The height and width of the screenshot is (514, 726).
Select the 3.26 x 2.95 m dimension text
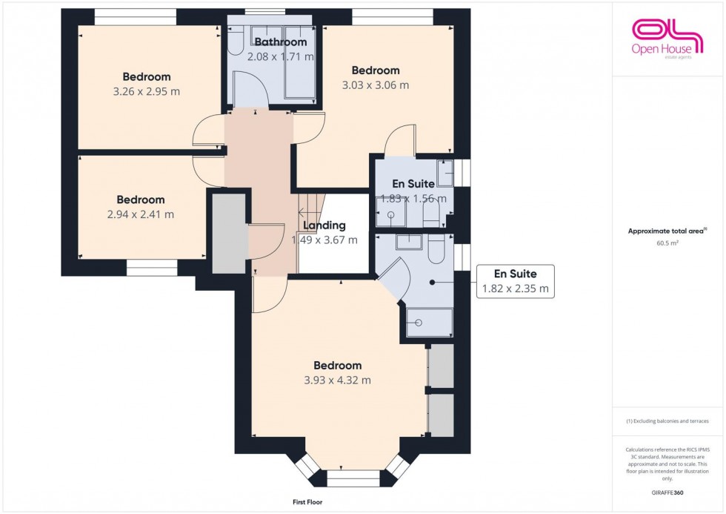pyautogui.click(x=147, y=91)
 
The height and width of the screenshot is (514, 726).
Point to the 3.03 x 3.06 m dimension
pyautogui.click(x=376, y=85)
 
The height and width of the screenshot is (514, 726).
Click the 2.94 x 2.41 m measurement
pyautogui.click(x=141, y=214)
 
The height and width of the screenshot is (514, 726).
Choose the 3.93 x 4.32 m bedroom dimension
pyautogui.click(x=337, y=380)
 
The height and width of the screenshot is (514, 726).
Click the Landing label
pyautogui.click(x=324, y=225)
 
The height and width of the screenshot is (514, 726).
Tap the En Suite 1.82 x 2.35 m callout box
pyautogui.click(x=515, y=282)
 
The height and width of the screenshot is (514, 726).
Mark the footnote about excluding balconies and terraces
pyautogui.click(x=667, y=421)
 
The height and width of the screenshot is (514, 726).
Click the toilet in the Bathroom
pyautogui.click(x=236, y=43)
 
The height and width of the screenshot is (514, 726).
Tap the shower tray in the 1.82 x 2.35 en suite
pyautogui.click(x=428, y=323)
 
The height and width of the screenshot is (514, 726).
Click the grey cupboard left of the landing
pyautogui.click(x=229, y=232)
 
